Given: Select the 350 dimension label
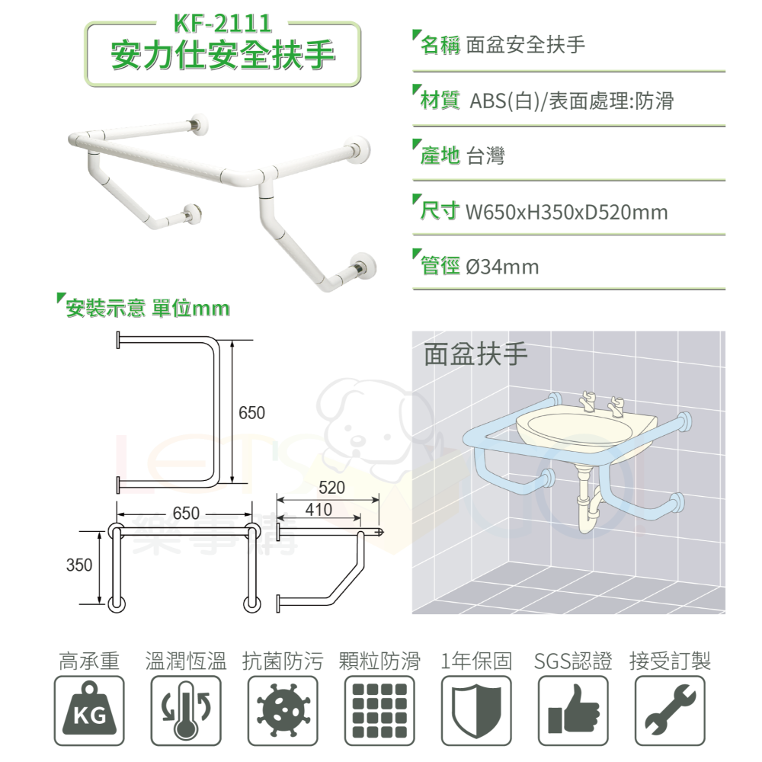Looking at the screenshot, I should [78, 565].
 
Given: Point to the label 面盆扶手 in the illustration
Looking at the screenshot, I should [475, 354].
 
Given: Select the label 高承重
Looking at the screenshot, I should [89, 661].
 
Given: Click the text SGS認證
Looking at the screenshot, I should [573, 661].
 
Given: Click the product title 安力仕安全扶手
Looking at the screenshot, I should [222, 56].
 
